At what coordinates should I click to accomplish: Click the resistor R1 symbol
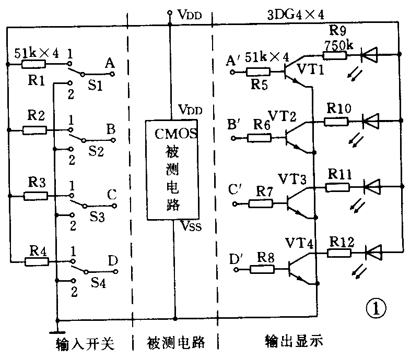(34, 65)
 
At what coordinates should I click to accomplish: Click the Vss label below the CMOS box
(190, 225)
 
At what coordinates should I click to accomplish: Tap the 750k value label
(338, 45)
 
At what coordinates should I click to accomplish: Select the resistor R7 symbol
(260, 202)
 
